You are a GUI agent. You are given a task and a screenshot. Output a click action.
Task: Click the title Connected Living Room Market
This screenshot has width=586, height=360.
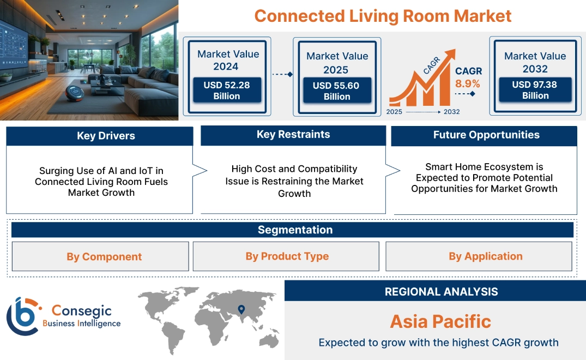point(383,15)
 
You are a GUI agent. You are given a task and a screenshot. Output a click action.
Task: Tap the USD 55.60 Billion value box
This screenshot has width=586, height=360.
point(337,91)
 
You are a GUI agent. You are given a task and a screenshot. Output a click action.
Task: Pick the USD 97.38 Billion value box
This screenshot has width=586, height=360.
point(535,89)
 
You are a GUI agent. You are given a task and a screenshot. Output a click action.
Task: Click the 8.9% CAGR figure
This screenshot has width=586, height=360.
point(468,83)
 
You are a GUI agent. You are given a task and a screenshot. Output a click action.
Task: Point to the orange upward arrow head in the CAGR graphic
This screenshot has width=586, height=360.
point(450,55)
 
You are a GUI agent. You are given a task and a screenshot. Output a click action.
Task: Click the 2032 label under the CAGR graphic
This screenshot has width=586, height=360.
point(451,112)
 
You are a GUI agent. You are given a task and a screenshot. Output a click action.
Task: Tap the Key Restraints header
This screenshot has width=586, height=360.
point(293,135)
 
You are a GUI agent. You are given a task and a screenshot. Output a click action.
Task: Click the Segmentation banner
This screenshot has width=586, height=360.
point(295,230)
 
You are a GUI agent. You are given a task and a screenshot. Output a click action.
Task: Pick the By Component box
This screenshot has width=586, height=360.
point(104,256)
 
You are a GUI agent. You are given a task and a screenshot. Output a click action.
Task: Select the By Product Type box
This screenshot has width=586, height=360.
point(287,256)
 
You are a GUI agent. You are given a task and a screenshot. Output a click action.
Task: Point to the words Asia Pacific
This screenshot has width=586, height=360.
point(440,321)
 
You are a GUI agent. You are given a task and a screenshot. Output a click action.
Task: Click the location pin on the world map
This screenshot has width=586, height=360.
point(240,310)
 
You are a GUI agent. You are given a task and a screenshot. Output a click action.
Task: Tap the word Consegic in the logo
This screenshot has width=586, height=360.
point(81,311)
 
